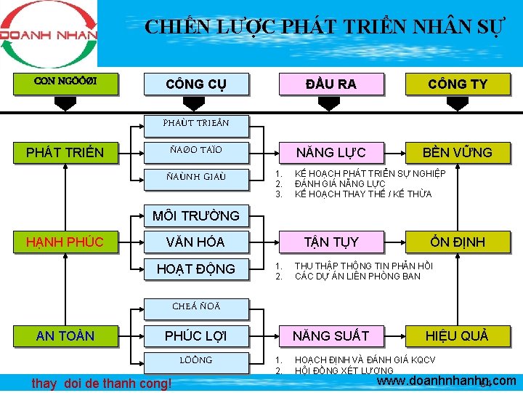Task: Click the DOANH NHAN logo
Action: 48,33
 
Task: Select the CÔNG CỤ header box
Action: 196,84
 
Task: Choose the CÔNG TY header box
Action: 458,84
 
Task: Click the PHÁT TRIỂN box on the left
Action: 65,152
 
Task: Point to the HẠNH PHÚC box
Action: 65,242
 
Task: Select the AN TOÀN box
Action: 65,336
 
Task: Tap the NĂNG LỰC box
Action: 331,152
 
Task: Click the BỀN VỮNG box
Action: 458,152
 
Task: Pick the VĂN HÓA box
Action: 195,242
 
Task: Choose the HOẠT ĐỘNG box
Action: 195,269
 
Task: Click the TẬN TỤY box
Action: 331,242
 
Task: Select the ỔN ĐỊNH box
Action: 458,242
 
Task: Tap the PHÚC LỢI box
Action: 195,336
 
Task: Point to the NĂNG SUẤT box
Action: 331,336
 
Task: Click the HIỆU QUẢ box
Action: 458,336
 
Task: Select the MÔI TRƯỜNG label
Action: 195,215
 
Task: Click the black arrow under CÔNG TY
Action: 458,104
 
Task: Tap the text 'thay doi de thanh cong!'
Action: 102,383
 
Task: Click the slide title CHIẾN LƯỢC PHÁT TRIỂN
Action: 323,28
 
